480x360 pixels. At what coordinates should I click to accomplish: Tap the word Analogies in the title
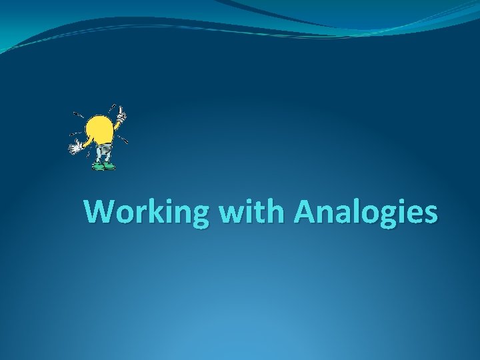pyautogui.click(x=365, y=213)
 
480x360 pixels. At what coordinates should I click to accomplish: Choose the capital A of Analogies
pyautogui.click(x=305, y=211)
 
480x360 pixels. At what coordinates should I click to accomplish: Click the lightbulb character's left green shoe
pyautogui.click(x=99, y=166)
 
